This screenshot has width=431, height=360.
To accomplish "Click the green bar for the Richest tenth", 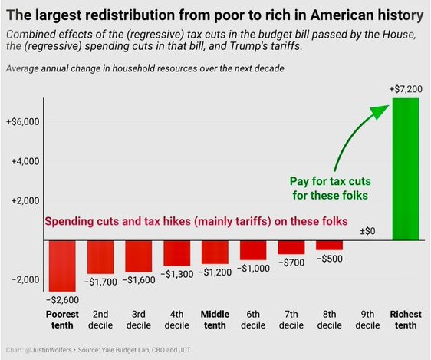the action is (x=406, y=169).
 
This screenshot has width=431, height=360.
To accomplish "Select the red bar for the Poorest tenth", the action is (x=62, y=266).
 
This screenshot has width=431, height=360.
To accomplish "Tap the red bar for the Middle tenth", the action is (x=215, y=253).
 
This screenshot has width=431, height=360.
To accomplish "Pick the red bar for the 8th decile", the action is (x=329, y=246).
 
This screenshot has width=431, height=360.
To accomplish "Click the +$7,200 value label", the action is (x=406, y=89).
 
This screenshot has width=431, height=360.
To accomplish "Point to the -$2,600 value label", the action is (x=63, y=300).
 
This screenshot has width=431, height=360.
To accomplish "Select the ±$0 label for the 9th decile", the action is (x=367, y=231).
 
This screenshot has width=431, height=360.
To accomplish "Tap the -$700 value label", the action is (x=291, y=263).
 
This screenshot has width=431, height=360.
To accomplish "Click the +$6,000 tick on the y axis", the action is (x=23, y=121).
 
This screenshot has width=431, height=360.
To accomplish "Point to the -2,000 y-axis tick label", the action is (x=25, y=279).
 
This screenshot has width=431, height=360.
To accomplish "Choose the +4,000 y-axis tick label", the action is (x=25, y=161).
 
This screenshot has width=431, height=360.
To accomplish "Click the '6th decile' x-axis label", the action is (x=253, y=319).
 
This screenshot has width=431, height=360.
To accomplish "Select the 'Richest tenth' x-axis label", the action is (x=406, y=319).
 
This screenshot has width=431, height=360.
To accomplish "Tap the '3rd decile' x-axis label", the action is (x=139, y=319).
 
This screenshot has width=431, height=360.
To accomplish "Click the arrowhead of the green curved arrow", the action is (x=380, y=111).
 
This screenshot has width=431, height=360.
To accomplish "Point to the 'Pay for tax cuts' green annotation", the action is (x=330, y=181).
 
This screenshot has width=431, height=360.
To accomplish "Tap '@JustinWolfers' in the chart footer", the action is (x=48, y=350).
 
